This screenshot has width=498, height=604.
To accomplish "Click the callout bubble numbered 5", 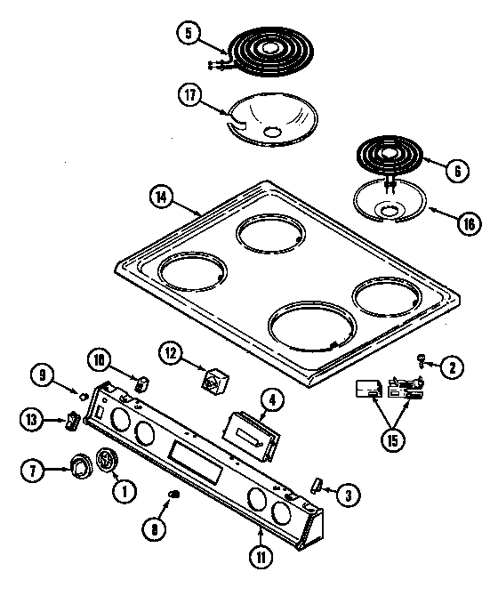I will (189, 35).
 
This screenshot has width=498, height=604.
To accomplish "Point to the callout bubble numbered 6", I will (455, 169).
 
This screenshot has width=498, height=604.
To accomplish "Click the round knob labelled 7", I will (82, 464).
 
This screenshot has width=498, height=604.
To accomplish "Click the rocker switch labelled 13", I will (70, 421).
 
